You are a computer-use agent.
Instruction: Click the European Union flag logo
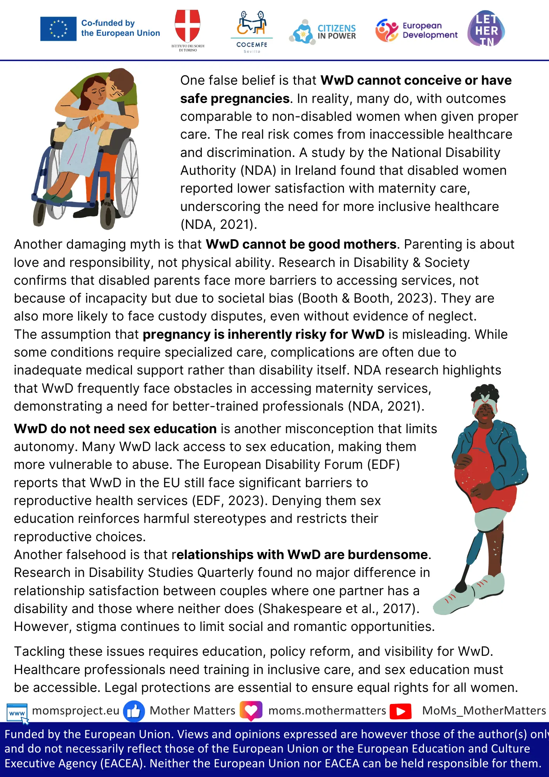(58, 29)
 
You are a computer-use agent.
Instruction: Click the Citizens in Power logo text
(336, 32)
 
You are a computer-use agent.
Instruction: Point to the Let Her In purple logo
(486, 30)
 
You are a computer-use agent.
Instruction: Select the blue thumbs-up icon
(134, 711)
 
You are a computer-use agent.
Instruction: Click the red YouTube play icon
(401, 711)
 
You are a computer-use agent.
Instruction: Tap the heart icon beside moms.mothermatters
(251, 711)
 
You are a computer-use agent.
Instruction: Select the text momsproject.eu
(76, 711)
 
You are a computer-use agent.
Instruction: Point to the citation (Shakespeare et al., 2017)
(339, 608)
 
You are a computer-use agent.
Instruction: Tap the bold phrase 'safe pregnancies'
(235, 99)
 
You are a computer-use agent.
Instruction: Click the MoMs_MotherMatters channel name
(484, 711)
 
